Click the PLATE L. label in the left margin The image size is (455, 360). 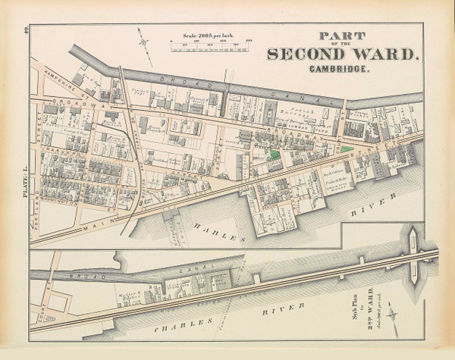click(x=25, y=183)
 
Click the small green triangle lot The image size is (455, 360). click(x=347, y=149)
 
